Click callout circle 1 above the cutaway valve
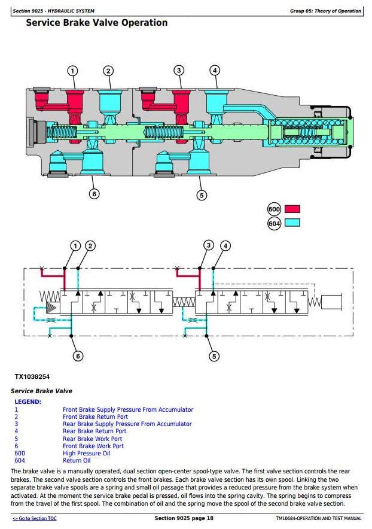(x=72, y=71)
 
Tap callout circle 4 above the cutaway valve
(x=215, y=71)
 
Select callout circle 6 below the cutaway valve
(x=94, y=194)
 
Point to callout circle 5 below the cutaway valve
(x=202, y=195)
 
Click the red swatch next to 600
(x=292, y=209)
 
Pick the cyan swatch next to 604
(x=292, y=223)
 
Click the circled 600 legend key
(x=274, y=209)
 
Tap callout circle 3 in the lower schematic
(x=209, y=245)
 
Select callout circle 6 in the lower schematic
(x=78, y=356)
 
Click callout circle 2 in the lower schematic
(x=90, y=246)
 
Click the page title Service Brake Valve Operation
(x=97, y=23)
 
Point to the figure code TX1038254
(x=32, y=376)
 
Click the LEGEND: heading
(x=28, y=402)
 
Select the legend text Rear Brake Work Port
(x=93, y=439)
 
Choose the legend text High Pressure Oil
(x=86, y=453)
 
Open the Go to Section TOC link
(x=35, y=518)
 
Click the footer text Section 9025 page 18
(x=184, y=518)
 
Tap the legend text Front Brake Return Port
(x=96, y=416)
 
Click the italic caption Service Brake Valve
(x=41, y=391)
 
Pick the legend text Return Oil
(x=77, y=460)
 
